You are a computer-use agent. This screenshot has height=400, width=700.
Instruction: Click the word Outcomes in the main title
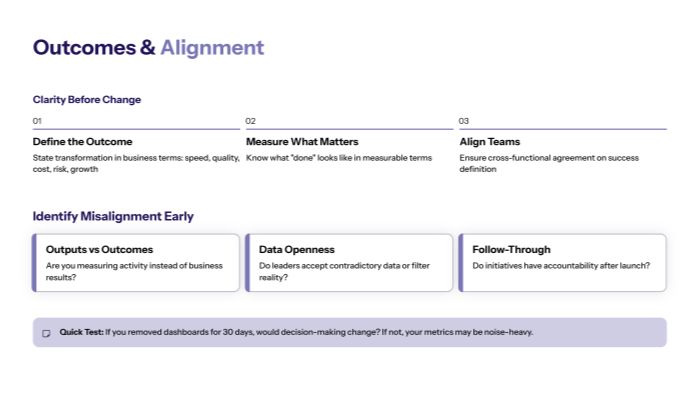[83, 47]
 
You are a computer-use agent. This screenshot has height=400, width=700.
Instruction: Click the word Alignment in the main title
[212, 47]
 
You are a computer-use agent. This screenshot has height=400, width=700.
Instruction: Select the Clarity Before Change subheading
[87, 100]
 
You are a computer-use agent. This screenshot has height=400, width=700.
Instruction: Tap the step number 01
[37, 121]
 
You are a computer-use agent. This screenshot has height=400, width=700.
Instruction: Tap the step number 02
[251, 121]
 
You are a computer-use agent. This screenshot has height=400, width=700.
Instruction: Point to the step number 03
[464, 121]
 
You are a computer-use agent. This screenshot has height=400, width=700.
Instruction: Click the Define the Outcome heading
[82, 142]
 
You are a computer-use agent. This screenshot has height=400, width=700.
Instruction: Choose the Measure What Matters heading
[302, 142]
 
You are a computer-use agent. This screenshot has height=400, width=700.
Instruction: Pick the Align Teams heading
[490, 142]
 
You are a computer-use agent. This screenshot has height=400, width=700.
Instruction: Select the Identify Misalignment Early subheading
[113, 216]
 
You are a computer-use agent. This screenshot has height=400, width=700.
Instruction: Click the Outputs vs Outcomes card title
[100, 249]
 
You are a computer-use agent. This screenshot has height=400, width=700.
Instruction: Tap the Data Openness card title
[297, 249]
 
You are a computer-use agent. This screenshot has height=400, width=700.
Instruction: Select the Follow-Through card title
[511, 249]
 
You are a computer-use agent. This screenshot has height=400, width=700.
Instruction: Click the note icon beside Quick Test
[46, 333]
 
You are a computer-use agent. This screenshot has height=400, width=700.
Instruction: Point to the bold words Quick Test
[81, 332]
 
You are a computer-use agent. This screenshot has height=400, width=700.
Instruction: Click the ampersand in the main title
[147, 47]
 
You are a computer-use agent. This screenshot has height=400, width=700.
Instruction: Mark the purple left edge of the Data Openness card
[247, 263]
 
